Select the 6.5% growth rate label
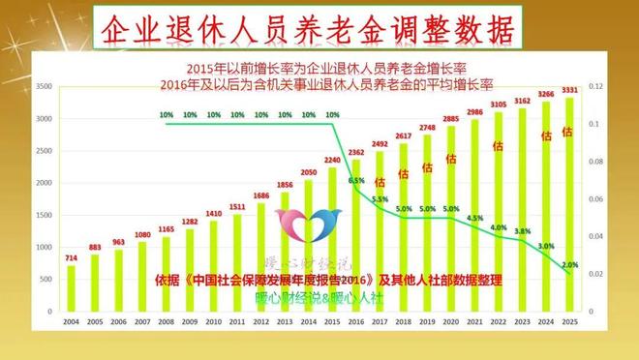pyautogui.click(x=356, y=180)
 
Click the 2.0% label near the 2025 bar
pyautogui.click(x=570, y=264)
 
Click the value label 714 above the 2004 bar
pyautogui.click(x=71, y=258)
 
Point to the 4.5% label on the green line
pyautogui.click(x=474, y=219)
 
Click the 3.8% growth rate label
pyautogui.click(x=522, y=231)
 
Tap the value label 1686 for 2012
pyautogui.click(x=261, y=195)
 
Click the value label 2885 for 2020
pyautogui.click(x=451, y=119)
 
